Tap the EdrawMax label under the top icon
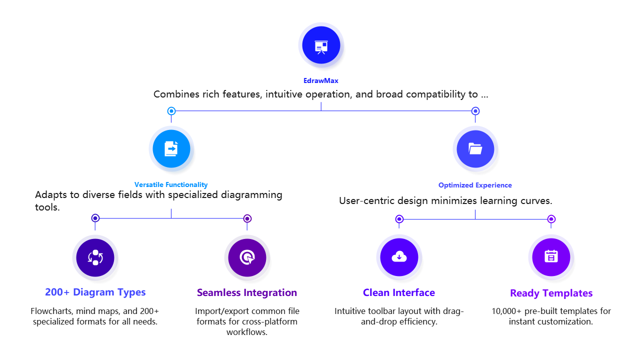(321, 80)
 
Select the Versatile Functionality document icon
(171, 148)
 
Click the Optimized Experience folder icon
(475, 148)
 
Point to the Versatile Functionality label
(171, 185)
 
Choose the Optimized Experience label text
(475, 185)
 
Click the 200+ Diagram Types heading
(95, 292)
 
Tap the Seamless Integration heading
(247, 292)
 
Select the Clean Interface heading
(399, 293)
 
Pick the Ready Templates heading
(551, 293)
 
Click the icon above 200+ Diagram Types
(95, 257)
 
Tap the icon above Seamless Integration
(247, 257)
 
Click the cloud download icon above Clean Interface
(399, 257)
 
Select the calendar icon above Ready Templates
(551, 257)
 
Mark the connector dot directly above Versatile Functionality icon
(171, 111)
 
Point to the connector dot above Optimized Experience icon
(475, 111)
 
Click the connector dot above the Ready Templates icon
(551, 219)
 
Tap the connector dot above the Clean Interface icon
(399, 219)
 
